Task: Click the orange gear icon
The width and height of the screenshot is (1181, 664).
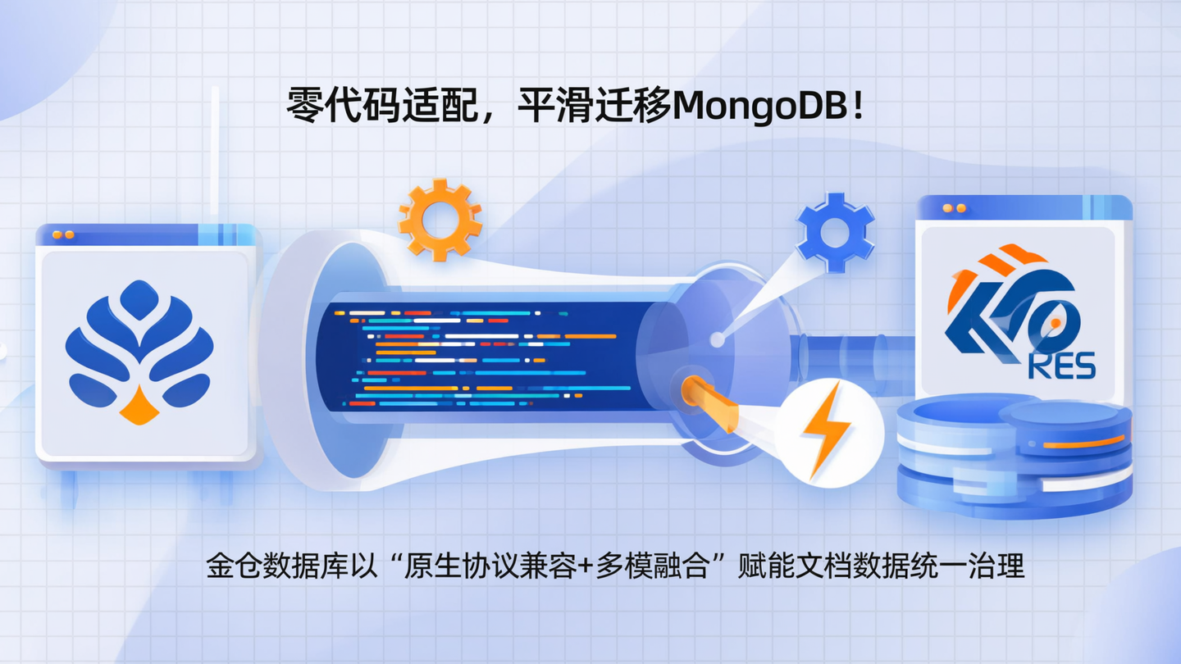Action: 440,219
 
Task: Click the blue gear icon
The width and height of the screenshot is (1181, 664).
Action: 835,233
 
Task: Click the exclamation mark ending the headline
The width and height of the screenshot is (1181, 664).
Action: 859,107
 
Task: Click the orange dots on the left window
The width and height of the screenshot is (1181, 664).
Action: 63,234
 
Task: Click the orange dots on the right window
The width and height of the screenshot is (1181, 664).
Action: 954,208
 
